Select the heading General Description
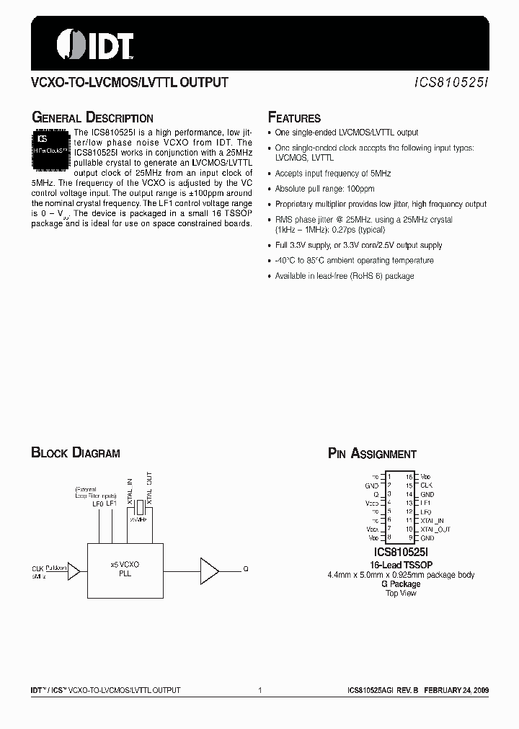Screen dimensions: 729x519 92,118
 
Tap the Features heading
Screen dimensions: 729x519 294,118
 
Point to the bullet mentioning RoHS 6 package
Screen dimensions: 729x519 345,276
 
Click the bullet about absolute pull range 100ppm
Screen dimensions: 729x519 325,189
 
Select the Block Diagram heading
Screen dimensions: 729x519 76,453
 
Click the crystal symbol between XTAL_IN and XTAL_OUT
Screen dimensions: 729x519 138,510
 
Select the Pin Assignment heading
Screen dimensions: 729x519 372,454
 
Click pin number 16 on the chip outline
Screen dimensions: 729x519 409,477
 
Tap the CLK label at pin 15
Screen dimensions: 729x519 427,486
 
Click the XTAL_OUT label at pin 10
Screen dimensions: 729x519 435,529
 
